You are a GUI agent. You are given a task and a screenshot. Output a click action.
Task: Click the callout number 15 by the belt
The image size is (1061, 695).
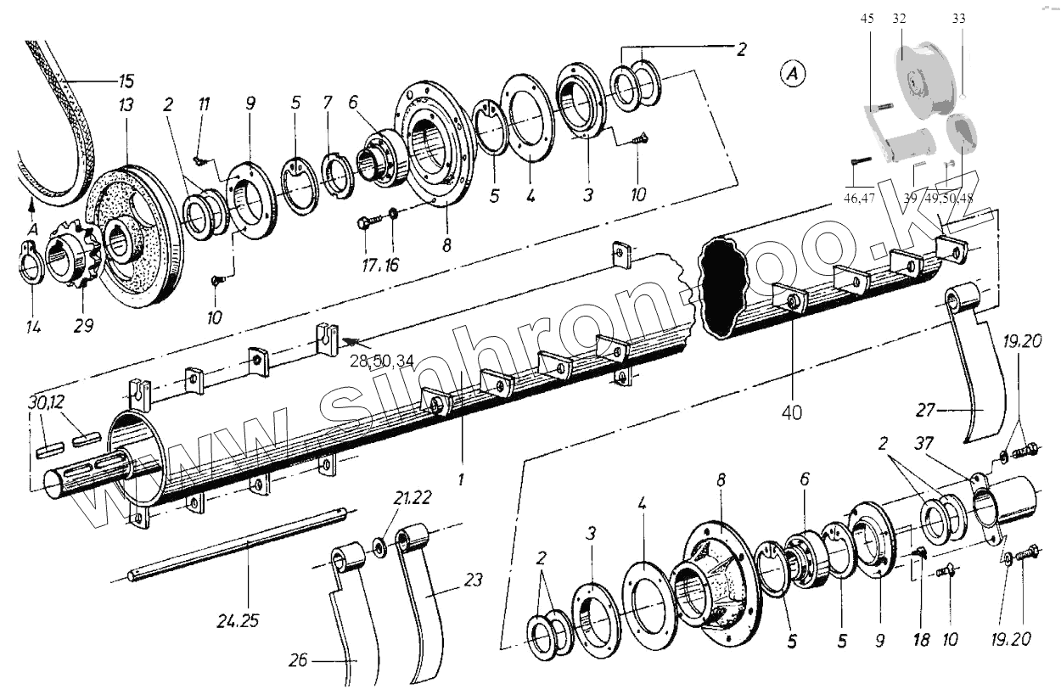126,82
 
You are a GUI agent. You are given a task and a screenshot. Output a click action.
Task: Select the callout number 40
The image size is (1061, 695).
792,412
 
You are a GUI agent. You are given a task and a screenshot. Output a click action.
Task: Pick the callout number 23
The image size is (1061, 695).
474,580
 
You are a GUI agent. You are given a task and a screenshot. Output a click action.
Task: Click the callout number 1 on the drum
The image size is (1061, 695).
461,479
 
